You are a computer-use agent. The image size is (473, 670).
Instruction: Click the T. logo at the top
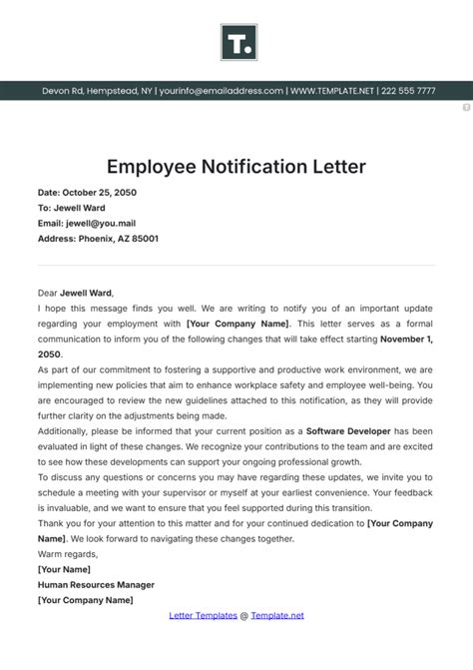[x=236, y=42]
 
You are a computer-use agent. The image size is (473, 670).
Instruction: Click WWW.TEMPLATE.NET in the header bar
[x=332, y=91]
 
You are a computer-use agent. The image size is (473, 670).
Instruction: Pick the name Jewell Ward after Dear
[x=87, y=294]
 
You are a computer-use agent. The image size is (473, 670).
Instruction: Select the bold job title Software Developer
[x=347, y=431]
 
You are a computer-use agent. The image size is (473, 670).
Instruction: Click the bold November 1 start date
[x=405, y=339]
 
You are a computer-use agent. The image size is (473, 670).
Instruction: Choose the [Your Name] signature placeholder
[x=65, y=570]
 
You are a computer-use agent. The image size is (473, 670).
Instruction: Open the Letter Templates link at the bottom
[x=204, y=616]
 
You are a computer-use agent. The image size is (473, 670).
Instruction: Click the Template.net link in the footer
[x=277, y=616]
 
